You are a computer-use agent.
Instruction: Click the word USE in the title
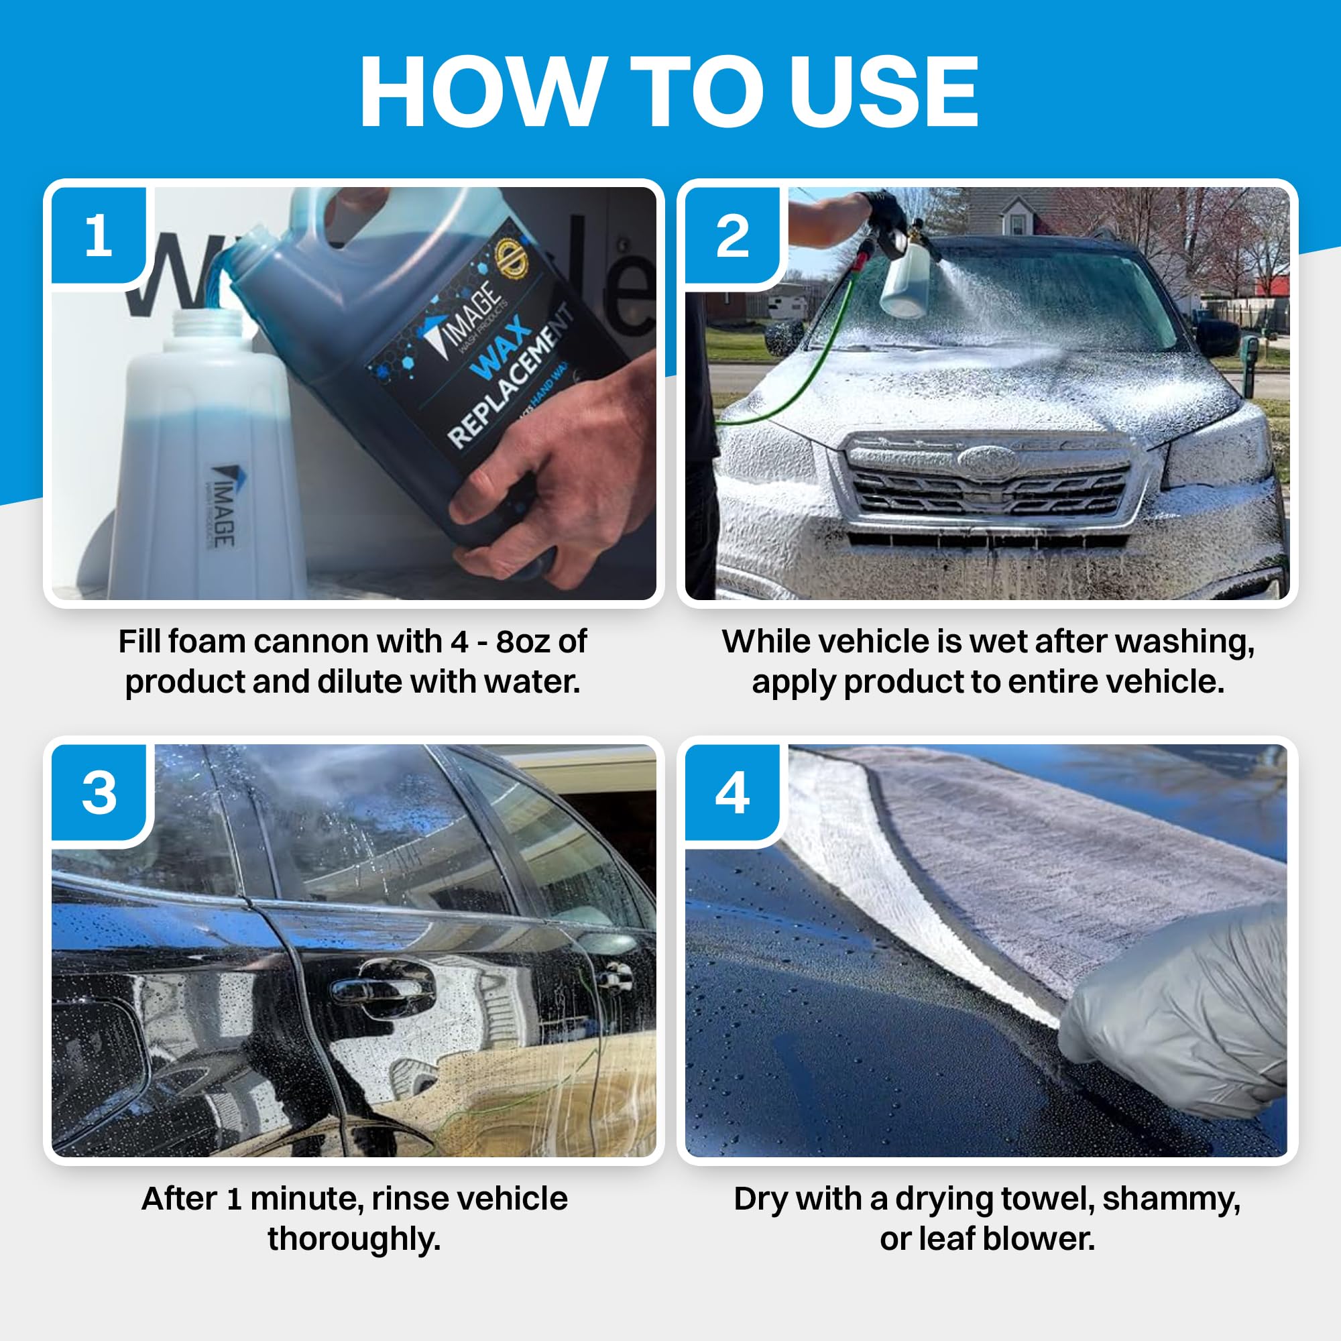(883, 92)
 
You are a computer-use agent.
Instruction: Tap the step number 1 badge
(98, 236)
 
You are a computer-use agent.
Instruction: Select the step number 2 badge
(732, 236)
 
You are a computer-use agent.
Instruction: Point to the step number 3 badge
(99, 793)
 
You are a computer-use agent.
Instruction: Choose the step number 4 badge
(732, 793)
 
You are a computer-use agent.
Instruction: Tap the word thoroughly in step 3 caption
(354, 1239)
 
